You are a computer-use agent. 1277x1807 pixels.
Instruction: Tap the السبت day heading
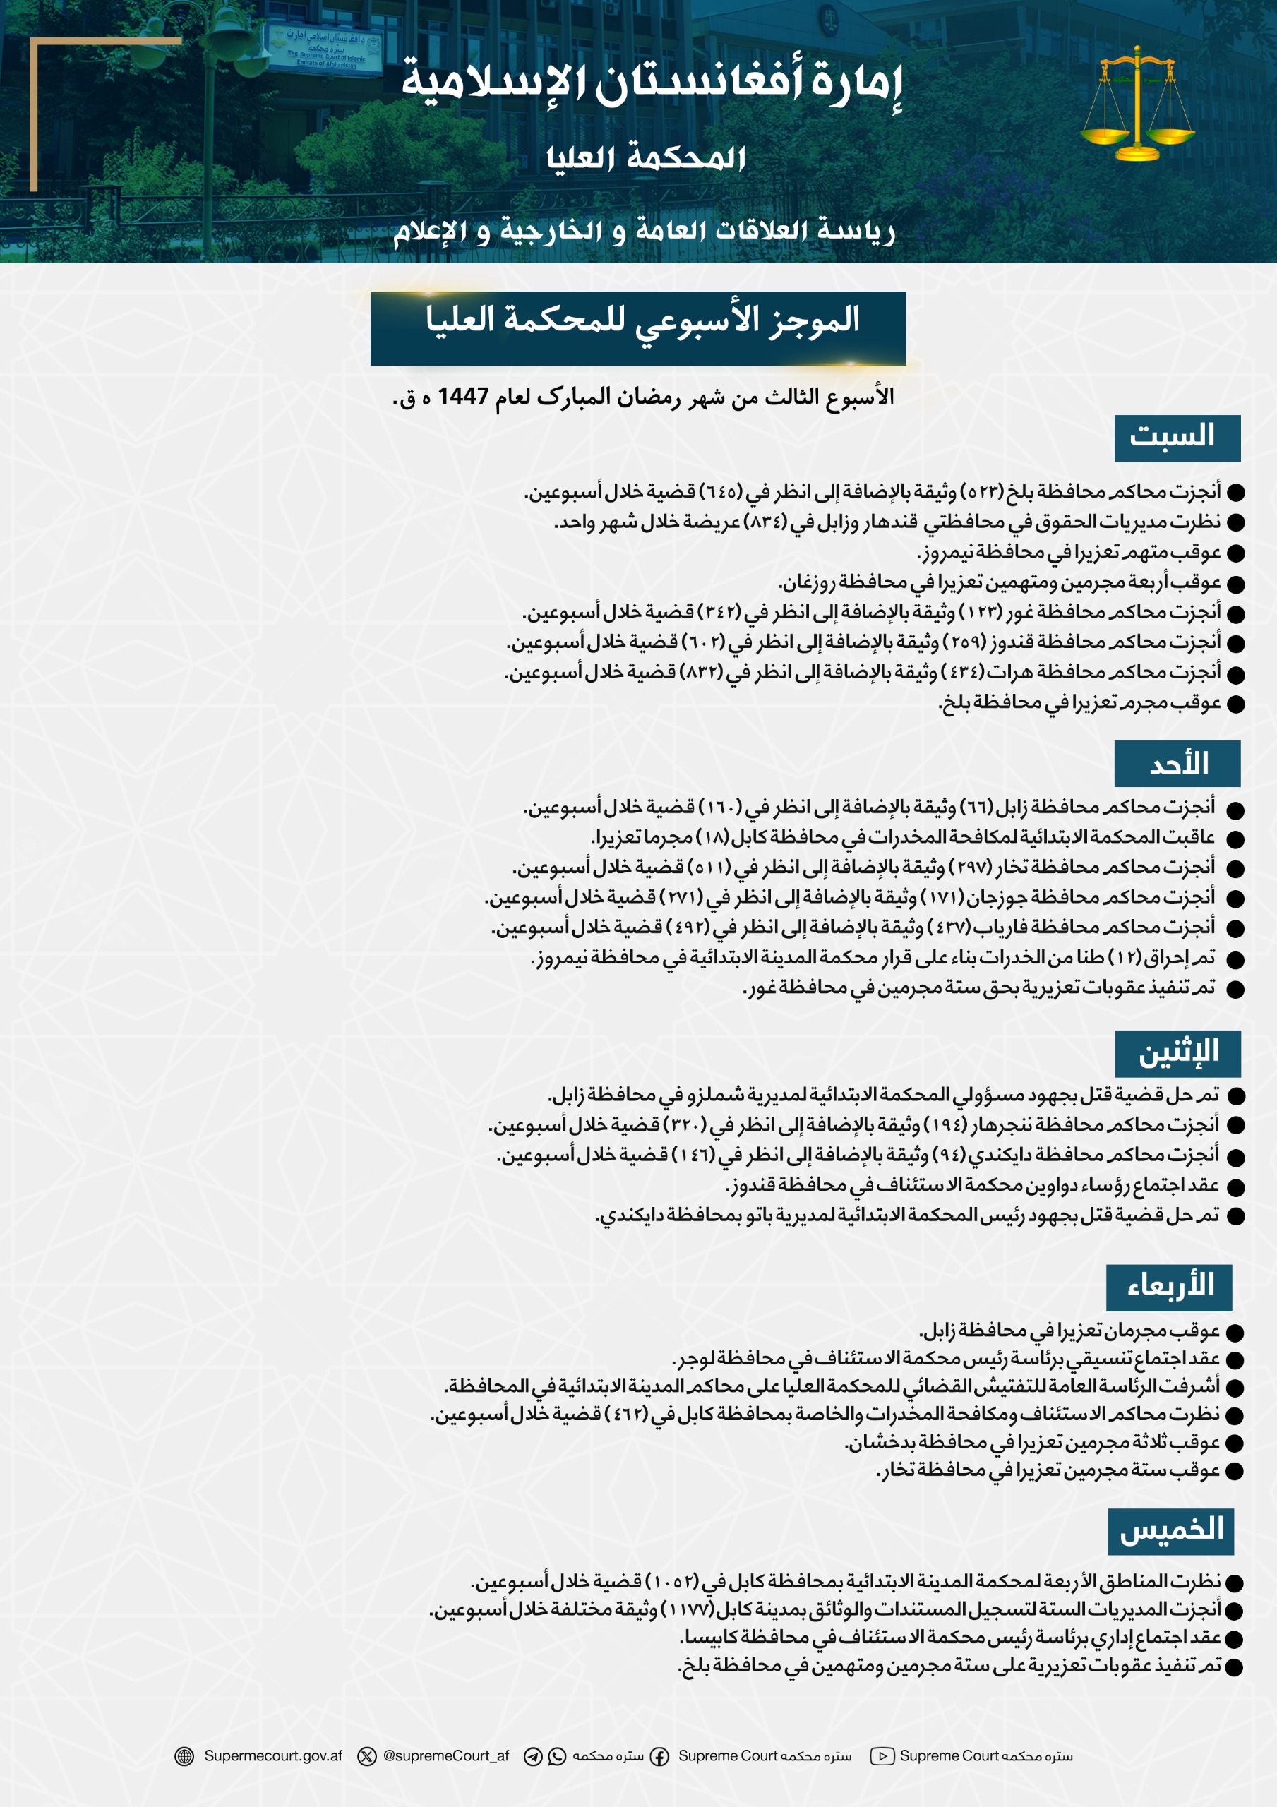coord(1176,438)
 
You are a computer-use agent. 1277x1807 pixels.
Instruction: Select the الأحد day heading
coord(1176,764)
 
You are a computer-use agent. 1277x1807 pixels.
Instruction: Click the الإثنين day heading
coord(1177,1054)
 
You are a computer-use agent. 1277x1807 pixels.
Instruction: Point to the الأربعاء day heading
coord(1168,1287)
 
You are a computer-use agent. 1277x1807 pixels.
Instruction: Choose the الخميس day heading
coord(1170,1531)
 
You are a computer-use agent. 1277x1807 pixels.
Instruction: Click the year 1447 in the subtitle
coord(463,396)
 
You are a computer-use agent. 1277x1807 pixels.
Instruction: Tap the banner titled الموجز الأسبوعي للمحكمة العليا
coord(637,328)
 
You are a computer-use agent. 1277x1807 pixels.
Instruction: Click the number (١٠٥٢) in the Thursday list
coord(671,1581)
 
